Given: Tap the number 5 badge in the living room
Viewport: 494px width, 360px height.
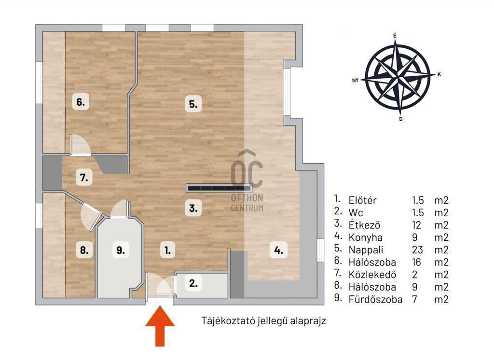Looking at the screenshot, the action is click(x=193, y=104).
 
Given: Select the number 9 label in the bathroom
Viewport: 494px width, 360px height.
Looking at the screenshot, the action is click(x=121, y=250).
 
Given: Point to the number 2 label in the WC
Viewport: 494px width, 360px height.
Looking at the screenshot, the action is click(x=193, y=283).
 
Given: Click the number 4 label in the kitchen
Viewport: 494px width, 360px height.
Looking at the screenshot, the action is click(x=278, y=250).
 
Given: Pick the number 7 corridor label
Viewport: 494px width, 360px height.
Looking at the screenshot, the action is click(x=84, y=178).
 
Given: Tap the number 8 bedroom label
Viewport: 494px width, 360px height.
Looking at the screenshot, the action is click(x=84, y=250).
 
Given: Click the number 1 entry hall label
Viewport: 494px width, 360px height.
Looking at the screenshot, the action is click(x=167, y=250).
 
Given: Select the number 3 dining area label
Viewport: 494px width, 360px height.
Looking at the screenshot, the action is click(x=193, y=208).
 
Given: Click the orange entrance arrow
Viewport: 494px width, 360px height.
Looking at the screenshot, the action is click(x=160, y=326).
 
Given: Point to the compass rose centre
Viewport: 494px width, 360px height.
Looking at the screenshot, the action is click(x=398, y=77).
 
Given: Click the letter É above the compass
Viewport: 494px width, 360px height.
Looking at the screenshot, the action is click(x=395, y=36).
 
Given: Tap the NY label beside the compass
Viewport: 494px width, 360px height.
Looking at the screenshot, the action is click(x=356, y=81).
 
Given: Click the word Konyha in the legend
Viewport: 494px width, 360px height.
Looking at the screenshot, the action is click(x=365, y=237).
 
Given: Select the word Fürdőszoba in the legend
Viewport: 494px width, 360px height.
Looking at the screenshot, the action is click(x=375, y=299).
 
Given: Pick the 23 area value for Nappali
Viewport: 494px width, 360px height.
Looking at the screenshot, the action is click(x=417, y=249).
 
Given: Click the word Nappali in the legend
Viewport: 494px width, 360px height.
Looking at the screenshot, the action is click(x=366, y=250).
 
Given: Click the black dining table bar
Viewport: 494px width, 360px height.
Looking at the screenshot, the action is click(x=219, y=188).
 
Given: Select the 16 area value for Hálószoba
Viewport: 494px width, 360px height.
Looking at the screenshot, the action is click(x=416, y=262).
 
